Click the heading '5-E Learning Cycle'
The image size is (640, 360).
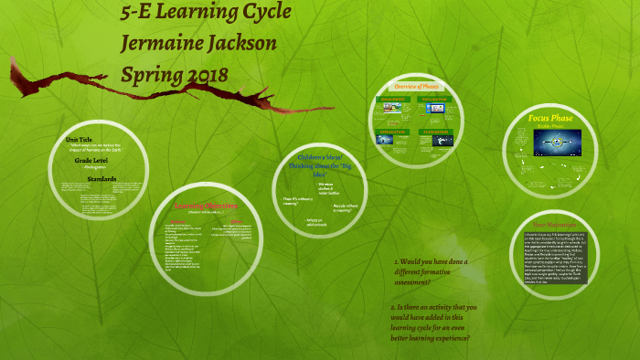coord(207,14)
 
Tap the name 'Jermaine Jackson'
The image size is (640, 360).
coord(197,43)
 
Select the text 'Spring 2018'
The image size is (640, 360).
coord(176,72)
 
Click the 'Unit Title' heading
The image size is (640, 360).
coord(80,138)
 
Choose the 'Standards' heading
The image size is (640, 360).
coord(101,178)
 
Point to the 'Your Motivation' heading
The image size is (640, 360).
coord(550,224)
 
